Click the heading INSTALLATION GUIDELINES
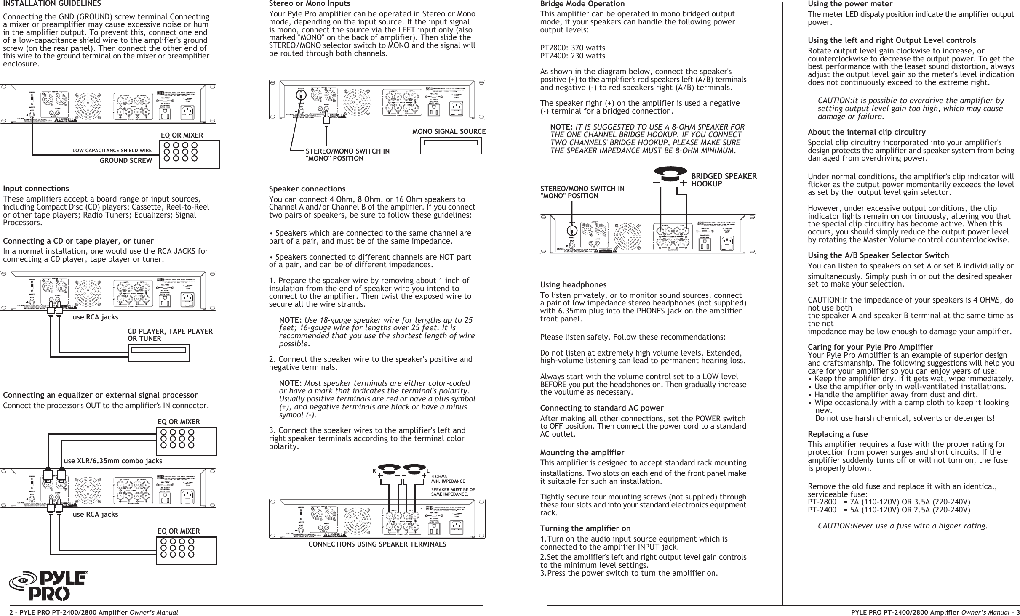[x=52, y=4]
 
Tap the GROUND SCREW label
[x=125, y=160]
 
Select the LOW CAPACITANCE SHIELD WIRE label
[x=112, y=151]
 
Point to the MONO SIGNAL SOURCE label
[x=449, y=131]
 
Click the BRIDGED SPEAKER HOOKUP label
[x=724, y=180]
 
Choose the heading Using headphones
[x=573, y=285]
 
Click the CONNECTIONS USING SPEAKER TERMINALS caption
[x=377, y=544]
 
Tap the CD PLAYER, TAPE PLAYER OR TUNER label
[x=170, y=335]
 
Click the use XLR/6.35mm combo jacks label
[x=113, y=461]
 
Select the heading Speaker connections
[x=307, y=189]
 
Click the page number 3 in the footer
[x=1017, y=611]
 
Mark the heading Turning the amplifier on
[x=585, y=528]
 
